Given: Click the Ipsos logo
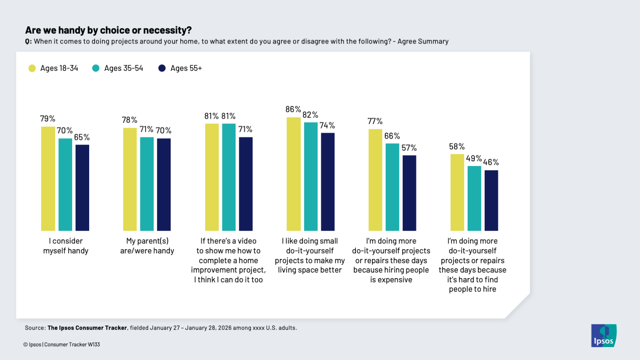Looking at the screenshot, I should (603, 336).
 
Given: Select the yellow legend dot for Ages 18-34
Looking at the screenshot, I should (32, 68).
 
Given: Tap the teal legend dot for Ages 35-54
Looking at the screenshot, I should (96, 68).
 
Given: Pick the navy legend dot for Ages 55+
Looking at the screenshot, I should (162, 68).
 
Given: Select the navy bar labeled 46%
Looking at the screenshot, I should (491, 200).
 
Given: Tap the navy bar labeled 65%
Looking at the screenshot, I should (82, 188).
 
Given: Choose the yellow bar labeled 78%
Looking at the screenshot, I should (130, 179).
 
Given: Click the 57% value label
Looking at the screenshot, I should (409, 148).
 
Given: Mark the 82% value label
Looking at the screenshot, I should (310, 115).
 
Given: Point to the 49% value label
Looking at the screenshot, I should (474, 159).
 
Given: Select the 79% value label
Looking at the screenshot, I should (48, 119).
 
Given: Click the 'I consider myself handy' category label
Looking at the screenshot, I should (66, 246).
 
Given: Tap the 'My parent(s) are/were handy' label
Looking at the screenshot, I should (147, 246).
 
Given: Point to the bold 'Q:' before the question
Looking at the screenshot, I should (28, 41).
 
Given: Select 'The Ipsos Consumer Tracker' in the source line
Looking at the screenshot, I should (87, 328).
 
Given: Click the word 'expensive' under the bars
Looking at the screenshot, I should (391, 280).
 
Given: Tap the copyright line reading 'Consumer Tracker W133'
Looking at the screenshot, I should (72, 345).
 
